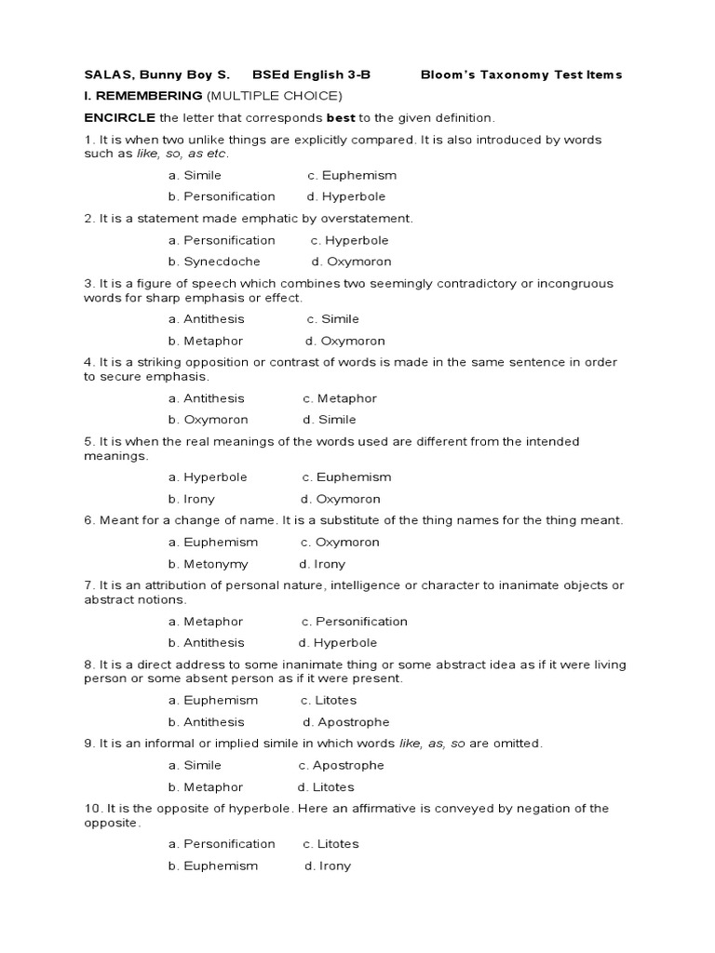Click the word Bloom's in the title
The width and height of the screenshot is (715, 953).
[448, 74]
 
